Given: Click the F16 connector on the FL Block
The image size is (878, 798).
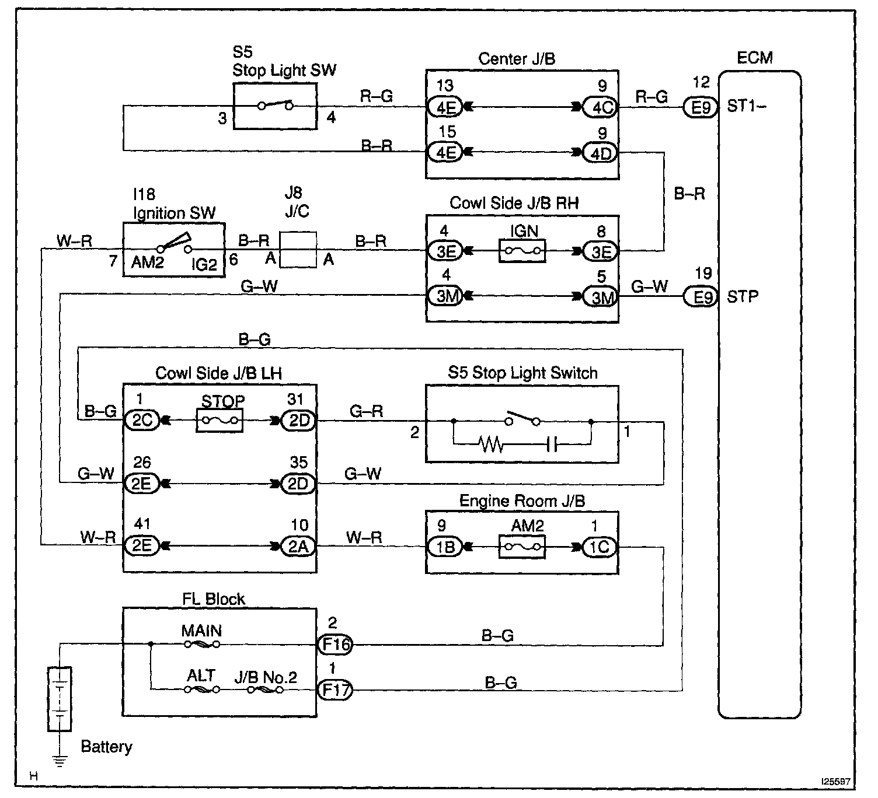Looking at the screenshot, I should (x=335, y=645).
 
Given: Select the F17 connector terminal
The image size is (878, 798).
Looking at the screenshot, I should (x=335, y=690).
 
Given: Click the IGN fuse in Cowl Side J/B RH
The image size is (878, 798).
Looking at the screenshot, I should (x=522, y=251).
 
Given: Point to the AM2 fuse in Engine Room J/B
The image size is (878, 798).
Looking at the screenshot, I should (x=522, y=547).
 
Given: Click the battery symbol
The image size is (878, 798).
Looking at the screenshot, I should (x=60, y=698).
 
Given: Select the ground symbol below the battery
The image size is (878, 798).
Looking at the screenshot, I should (x=60, y=760).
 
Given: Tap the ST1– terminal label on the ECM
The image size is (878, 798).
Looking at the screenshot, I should (x=747, y=107).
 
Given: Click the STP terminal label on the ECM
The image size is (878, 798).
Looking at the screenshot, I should (x=743, y=297).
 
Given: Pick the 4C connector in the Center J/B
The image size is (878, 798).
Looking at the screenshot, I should (x=601, y=107).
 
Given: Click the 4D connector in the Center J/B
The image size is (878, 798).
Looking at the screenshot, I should (x=601, y=153).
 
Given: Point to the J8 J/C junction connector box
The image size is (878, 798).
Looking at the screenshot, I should (x=298, y=250).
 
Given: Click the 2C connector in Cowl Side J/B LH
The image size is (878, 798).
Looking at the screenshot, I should (x=142, y=420).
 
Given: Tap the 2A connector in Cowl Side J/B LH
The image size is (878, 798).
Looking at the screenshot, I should (x=298, y=547).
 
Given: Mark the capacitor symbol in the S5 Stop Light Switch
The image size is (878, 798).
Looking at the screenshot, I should (x=552, y=446).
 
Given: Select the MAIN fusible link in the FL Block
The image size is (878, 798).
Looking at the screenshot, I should (x=202, y=645).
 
